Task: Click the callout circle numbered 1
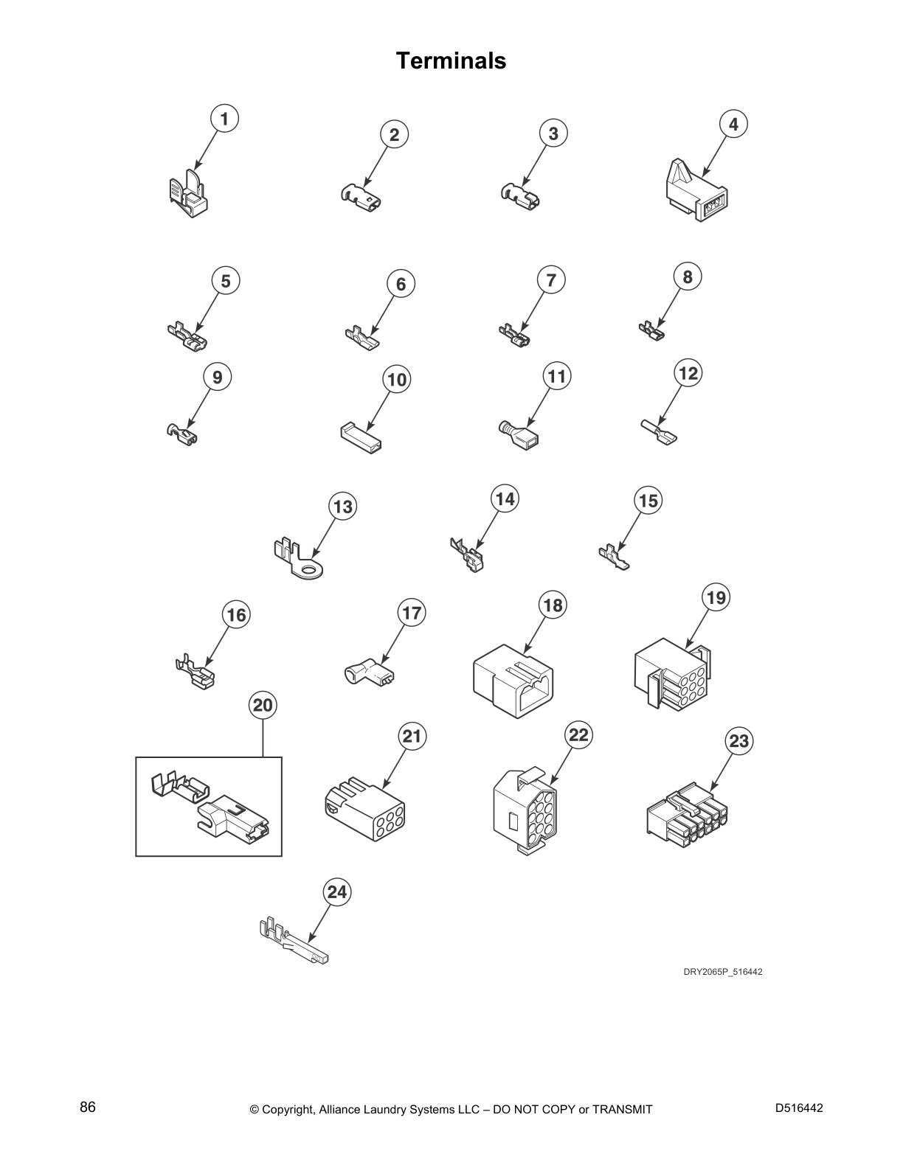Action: point(224,118)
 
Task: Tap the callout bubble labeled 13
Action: point(343,507)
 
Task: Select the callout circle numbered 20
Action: point(263,706)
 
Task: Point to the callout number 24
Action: point(337,892)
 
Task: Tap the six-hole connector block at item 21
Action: point(364,810)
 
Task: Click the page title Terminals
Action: point(451,60)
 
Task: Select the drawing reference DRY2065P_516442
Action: point(722,971)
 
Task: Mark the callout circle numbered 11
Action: point(556,377)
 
